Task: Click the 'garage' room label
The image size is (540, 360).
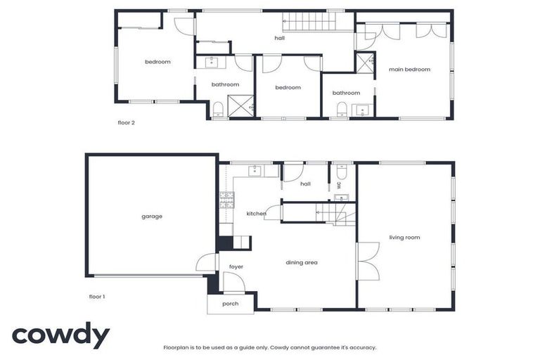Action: (x=152, y=217)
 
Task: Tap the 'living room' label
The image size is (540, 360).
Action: (x=404, y=238)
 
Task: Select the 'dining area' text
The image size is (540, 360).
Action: (x=302, y=263)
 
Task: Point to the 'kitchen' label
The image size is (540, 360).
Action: (x=256, y=214)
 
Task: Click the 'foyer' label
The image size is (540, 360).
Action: (x=236, y=267)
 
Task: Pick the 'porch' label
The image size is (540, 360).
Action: (x=230, y=304)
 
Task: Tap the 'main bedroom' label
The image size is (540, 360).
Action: (x=409, y=70)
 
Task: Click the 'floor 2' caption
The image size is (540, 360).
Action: (x=126, y=122)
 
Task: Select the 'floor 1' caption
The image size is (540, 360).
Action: (x=97, y=296)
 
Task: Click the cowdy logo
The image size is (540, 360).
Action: (x=60, y=335)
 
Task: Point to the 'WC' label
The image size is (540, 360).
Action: (x=339, y=185)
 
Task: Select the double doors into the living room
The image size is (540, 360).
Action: (x=367, y=262)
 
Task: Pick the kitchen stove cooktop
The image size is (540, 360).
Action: (x=227, y=202)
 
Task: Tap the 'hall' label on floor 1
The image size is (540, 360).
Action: (x=305, y=184)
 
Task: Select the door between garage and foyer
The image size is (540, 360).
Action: (x=205, y=264)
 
